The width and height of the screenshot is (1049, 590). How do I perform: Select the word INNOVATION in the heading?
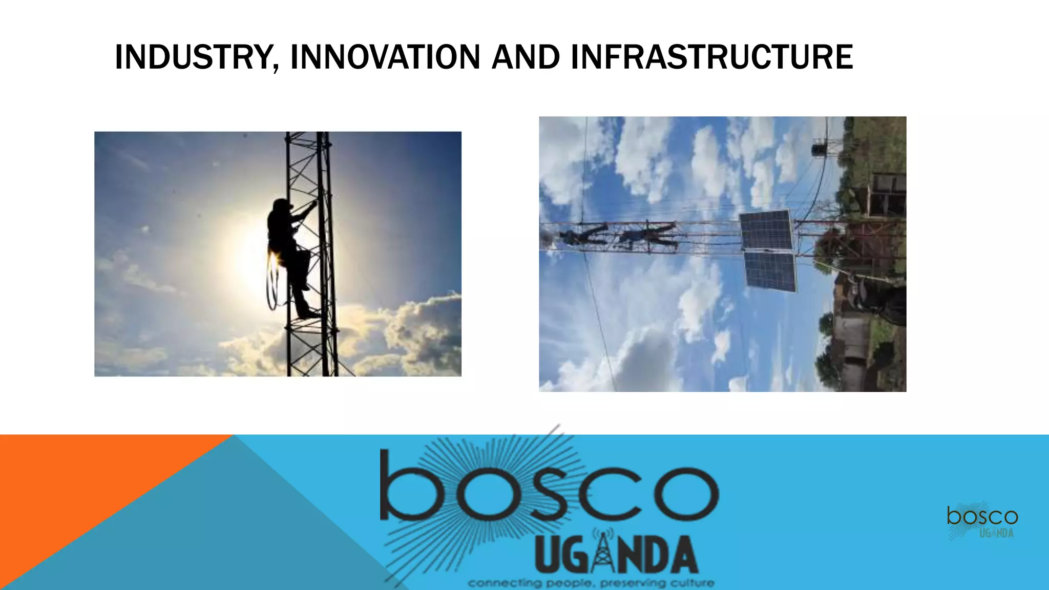[385, 57]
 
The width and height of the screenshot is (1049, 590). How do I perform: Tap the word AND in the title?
[526, 57]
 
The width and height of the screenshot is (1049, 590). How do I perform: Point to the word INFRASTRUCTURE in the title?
[711, 57]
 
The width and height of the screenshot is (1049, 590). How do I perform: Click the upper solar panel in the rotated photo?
[766, 230]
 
